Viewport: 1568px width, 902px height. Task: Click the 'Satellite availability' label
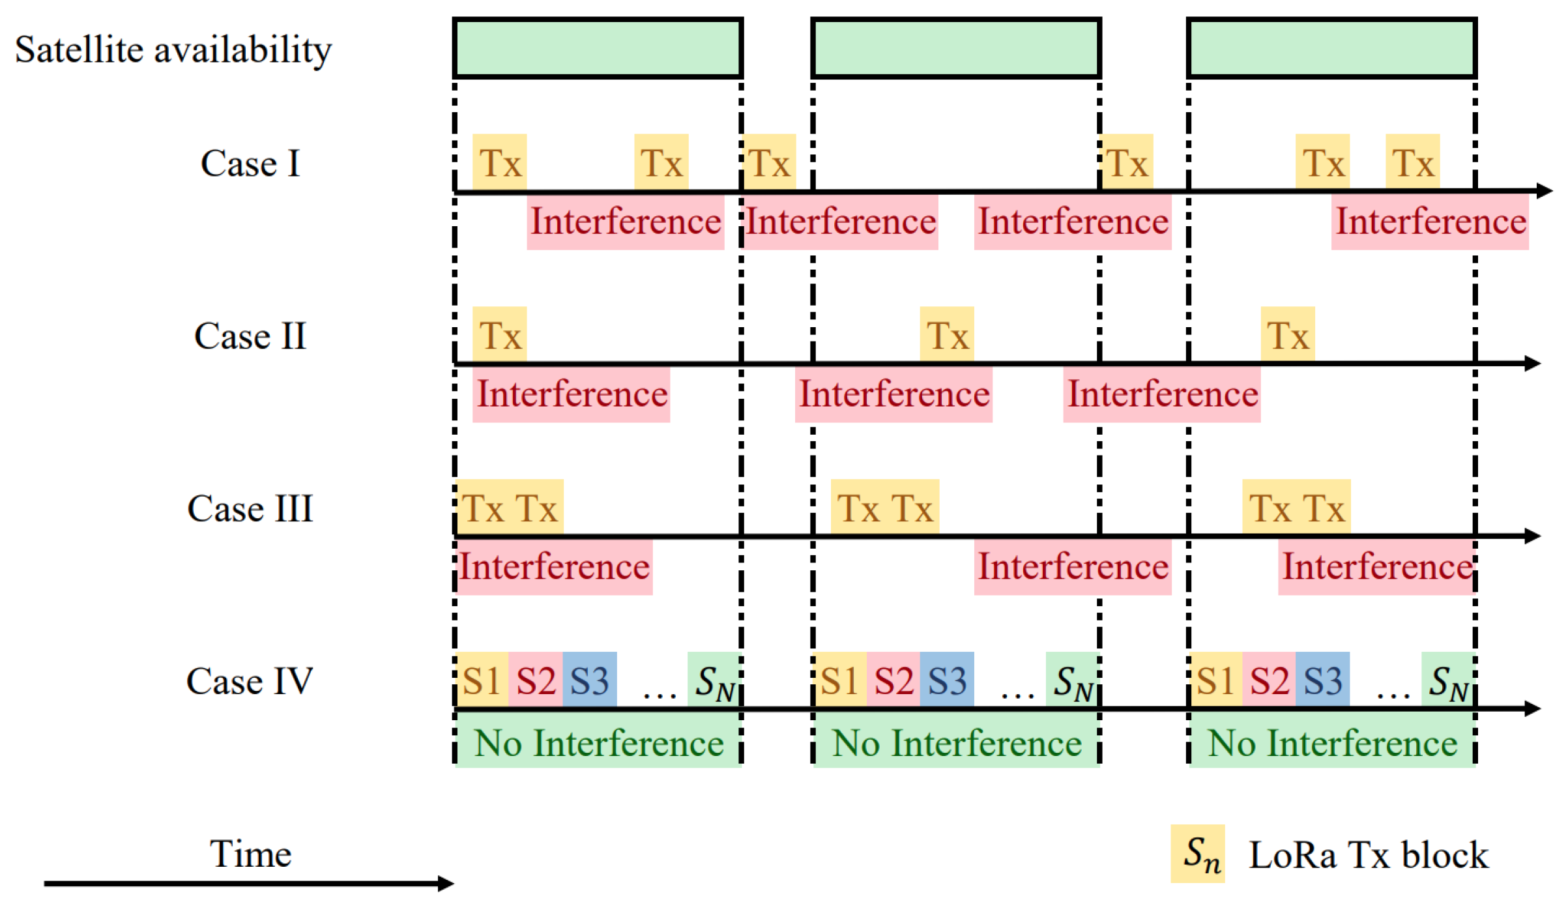[x=173, y=50]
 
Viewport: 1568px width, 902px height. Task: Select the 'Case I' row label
[x=250, y=163]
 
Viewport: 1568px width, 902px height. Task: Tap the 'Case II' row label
[x=250, y=336]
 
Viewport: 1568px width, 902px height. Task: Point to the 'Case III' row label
[x=250, y=508]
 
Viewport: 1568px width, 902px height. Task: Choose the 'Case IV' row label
[x=250, y=681]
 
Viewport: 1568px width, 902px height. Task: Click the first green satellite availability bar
[x=598, y=48]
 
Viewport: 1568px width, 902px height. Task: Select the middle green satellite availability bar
[x=956, y=48]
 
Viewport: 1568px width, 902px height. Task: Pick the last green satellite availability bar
[x=1331, y=48]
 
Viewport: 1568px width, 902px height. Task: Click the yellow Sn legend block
[x=1197, y=854]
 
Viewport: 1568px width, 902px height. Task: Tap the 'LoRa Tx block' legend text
[x=1369, y=855]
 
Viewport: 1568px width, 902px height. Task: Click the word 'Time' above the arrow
[x=250, y=854]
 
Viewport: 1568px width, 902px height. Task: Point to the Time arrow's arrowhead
[x=446, y=884]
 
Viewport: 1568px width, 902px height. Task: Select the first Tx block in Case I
[x=500, y=162]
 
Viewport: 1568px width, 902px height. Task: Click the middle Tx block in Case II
[x=947, y=335]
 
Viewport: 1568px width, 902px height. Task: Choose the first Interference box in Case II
[x=572, y=394]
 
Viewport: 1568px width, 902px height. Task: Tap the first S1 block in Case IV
[x=482, y=680]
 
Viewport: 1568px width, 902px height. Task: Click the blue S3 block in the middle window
[x=947, y=680]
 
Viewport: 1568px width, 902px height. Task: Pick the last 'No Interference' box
[x=1332, y=742]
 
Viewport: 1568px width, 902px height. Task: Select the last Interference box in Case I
[x=1430, y=222]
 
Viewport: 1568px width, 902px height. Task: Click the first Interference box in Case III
[x=554, y=566]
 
